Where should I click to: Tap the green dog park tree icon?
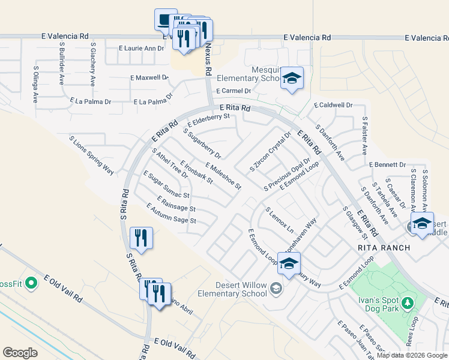(408, 302)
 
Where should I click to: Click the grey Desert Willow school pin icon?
(276, 289)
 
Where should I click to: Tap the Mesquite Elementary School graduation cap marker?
(292, 79)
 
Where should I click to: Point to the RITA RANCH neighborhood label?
(384, 248)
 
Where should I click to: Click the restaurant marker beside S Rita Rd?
(142, 238)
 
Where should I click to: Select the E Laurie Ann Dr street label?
(141, 48)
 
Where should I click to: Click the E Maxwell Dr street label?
(149, 78)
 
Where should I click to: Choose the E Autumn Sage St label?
(172, 213)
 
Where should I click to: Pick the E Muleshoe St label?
(223, 176)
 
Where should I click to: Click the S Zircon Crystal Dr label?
(270, 151)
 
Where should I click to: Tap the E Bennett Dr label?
(388, 164)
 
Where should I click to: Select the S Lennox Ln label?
(280, 220)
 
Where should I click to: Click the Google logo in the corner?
(20, 353)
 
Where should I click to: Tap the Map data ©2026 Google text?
(412, 355)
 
